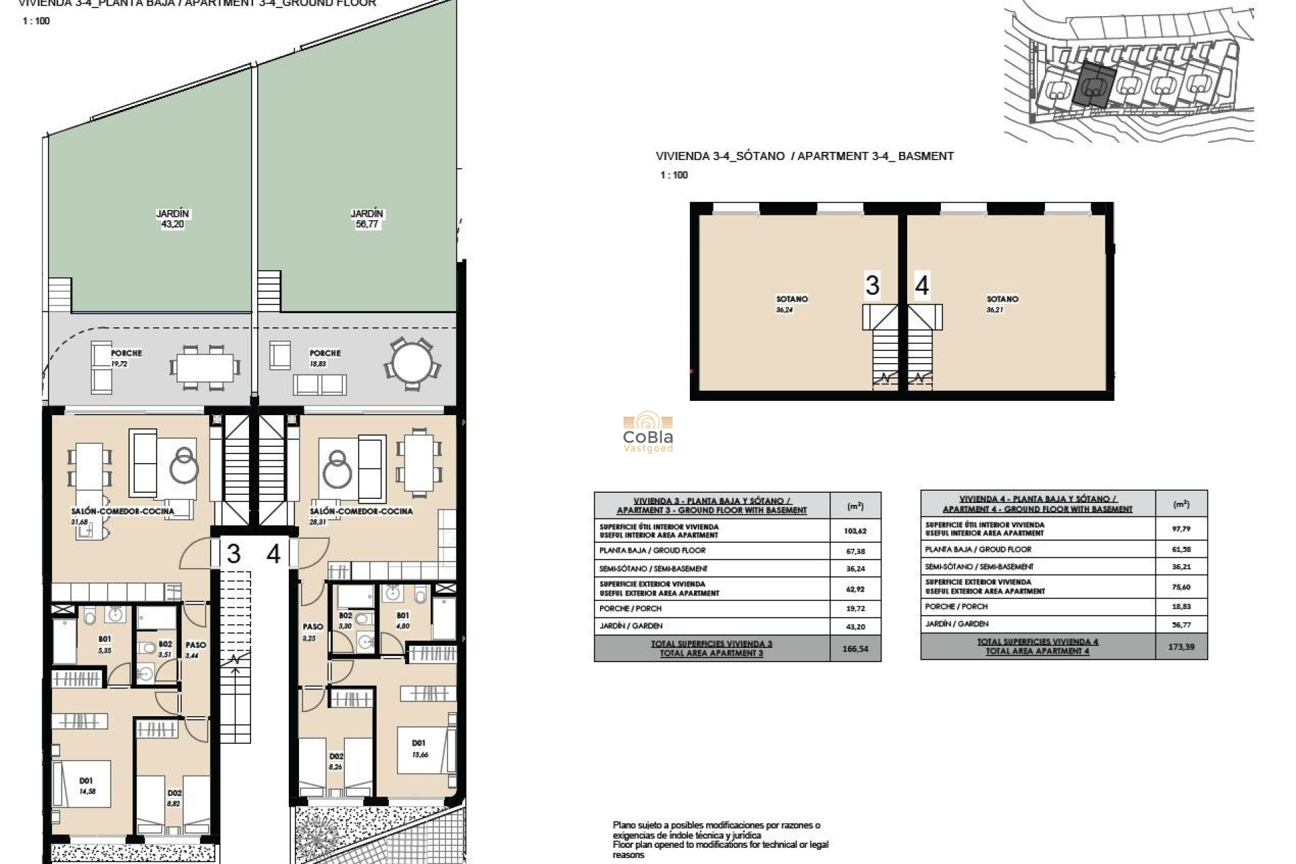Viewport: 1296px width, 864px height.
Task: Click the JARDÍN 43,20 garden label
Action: click(173, 219)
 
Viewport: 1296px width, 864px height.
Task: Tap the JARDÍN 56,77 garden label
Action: click(367, 219)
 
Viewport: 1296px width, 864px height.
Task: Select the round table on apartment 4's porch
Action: click(412, 364)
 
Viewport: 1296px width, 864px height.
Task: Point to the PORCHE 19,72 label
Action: click(126, 358)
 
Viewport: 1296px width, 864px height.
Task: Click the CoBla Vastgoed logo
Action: click(647, 432)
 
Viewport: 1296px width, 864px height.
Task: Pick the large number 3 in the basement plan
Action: click(872, 286)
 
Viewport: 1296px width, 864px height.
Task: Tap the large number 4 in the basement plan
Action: click(922, 286)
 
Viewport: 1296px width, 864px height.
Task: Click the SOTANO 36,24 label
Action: click(791, 304)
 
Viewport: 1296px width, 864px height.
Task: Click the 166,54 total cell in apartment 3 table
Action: click(855, 649)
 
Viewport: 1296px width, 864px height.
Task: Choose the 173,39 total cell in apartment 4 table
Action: click(1181, 647)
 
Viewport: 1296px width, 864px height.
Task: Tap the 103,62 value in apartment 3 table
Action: click(855, 531)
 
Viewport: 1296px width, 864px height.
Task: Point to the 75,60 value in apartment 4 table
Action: click(1181, 587)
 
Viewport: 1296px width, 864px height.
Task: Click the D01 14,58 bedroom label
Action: click(86, 786)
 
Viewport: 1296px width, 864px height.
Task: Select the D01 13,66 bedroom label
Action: click(419, 749)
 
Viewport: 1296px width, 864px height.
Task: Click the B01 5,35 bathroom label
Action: click(105, 645)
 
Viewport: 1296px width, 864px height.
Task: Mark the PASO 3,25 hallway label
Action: click(312, 632)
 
